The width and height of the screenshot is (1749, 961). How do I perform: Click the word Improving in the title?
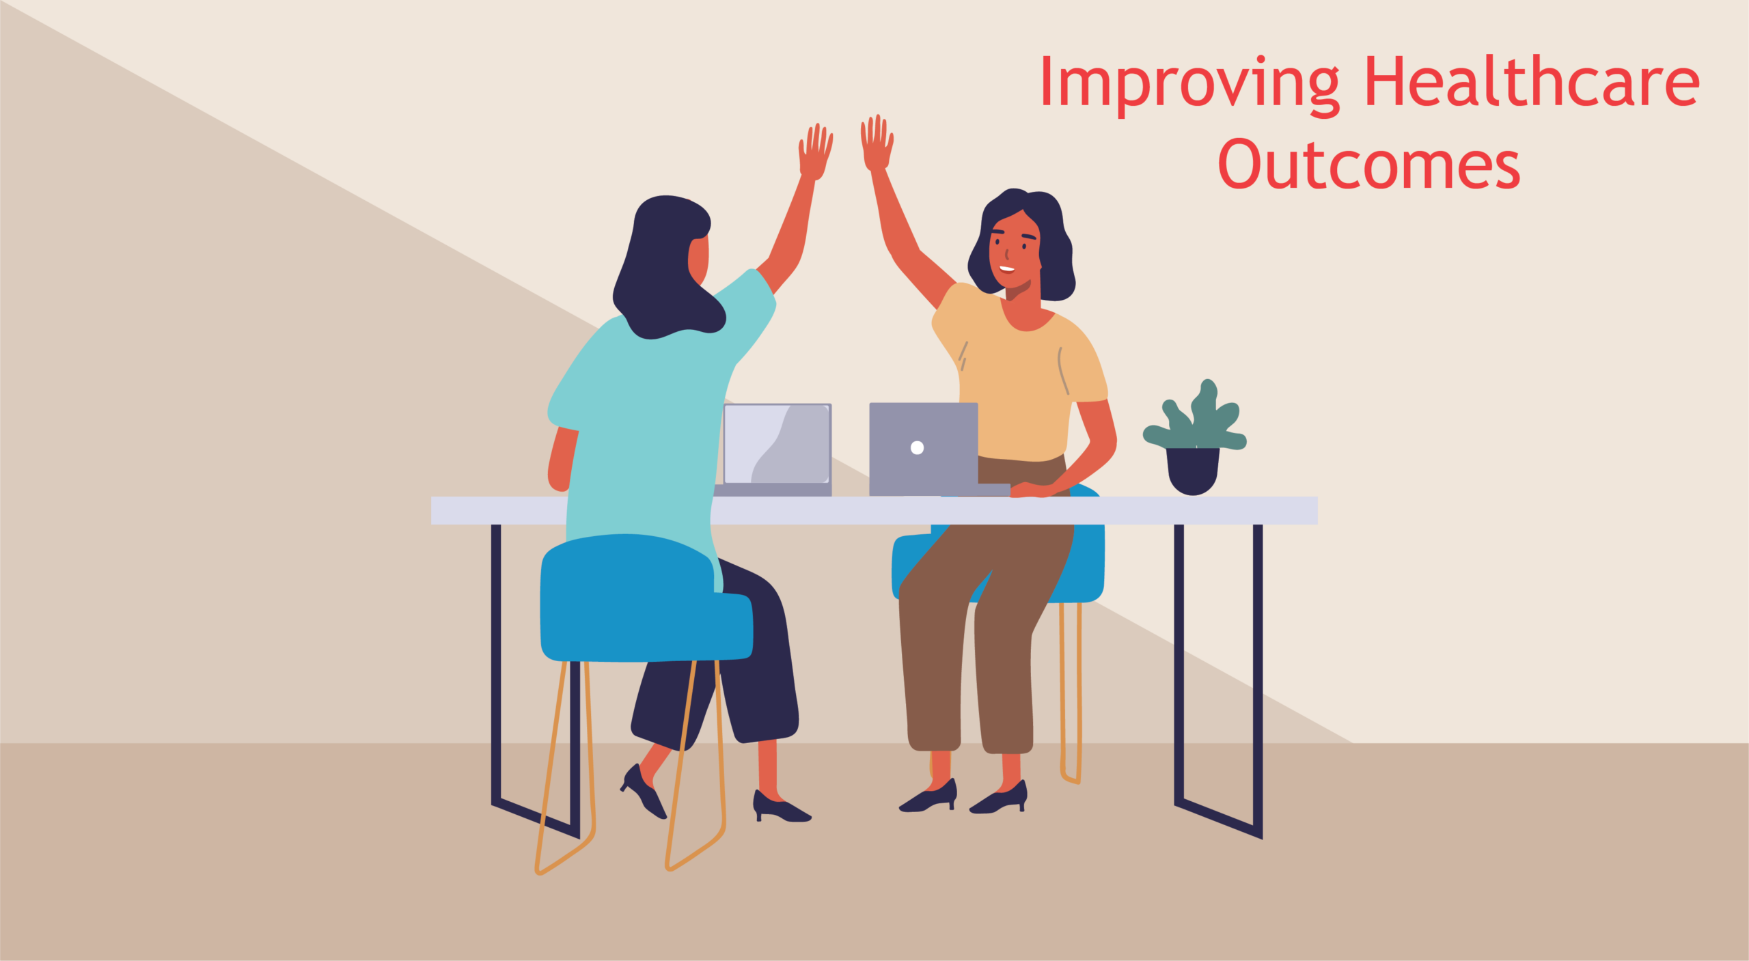[x=1189, y=85]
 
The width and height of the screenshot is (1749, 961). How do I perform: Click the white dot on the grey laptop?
[x=917, y=447]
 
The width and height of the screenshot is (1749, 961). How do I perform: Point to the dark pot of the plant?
[x=1192, y=471]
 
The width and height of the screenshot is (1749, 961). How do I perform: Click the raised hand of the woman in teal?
[x=815, y=152]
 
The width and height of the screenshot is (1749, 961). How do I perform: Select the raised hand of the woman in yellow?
[x=877, y=142]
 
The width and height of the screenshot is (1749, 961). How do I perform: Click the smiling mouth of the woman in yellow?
[x=1007, y=268]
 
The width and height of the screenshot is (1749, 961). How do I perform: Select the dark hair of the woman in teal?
[x=666, y=266]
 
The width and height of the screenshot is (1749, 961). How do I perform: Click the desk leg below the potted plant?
[x=1218, y=683]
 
